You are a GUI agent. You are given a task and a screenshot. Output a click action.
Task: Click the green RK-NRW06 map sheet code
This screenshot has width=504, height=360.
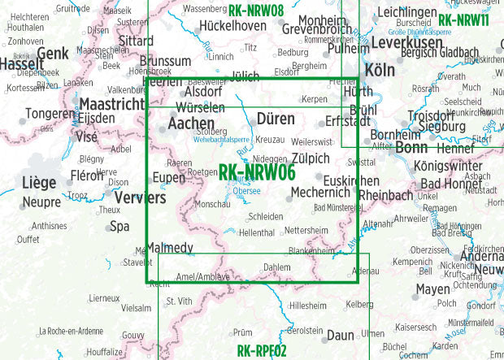point(257,172)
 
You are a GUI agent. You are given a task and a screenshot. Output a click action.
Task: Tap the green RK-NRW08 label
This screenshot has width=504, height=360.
point(256,11)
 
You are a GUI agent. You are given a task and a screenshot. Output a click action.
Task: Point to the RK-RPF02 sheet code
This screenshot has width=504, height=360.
point(262,351)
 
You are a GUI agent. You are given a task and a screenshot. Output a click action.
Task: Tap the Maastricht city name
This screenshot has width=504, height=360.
point(112,104)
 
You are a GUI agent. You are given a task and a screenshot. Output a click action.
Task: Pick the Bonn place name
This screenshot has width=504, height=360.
point(411,148)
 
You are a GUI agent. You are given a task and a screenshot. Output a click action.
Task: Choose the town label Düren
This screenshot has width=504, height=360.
point(276,119)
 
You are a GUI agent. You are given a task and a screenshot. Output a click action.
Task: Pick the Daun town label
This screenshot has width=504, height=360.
point(340,335)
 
